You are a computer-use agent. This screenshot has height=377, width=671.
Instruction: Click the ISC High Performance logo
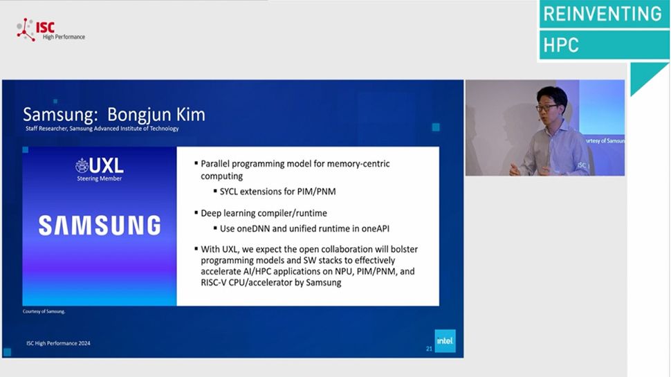point(50,30)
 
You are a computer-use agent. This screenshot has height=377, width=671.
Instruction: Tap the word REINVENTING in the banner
point(602,14)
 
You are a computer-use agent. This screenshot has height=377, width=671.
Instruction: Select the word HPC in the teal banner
point(561,46)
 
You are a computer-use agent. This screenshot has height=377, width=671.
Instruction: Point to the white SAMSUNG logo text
point(99,226)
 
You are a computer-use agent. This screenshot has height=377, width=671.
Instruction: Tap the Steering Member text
point(100,178)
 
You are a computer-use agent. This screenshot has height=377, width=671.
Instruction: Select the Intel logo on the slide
point(445,340)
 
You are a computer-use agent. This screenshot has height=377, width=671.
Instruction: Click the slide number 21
point(429,349)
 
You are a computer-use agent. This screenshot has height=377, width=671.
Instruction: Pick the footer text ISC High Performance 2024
point(58,343)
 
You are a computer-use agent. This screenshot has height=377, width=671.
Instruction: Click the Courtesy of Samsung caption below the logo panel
point(44,311)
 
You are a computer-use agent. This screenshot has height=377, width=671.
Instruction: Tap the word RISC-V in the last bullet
point(217,282)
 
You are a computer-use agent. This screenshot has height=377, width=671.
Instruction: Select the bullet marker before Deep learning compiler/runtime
point(196,213)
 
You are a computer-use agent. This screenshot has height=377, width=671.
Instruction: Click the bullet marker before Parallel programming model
point(196,164)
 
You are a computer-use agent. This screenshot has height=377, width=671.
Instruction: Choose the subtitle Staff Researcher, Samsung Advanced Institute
point(101,129)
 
